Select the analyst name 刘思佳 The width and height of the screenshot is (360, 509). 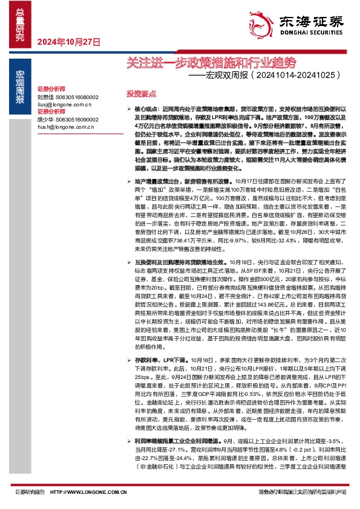tap(46, 97)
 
